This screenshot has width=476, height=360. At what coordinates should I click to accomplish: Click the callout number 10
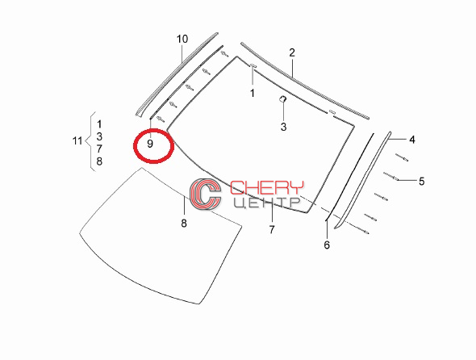coord(182,40)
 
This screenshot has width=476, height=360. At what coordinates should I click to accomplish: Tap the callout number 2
coord(292,52)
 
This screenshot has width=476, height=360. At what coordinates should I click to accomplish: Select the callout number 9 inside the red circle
coord(150,144)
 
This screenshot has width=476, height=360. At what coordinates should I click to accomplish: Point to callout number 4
coord(412,140)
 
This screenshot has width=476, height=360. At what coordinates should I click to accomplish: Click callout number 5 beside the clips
coord(422,182)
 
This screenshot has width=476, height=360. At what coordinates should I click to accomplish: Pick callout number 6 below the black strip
coord(327,245)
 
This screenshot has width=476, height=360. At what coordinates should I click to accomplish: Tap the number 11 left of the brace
coord(77,141)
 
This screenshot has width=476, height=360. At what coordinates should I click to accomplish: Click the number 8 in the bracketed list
coord(99,161)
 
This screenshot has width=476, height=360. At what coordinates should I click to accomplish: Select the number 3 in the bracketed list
coord(99,136)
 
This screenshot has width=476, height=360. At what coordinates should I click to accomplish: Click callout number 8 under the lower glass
coord(184,224)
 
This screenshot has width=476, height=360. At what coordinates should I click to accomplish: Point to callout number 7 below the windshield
coord(272,230)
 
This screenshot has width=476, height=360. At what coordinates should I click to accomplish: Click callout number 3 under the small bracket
coord(283,127)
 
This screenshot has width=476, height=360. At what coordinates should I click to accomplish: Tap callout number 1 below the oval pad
coord(253,94)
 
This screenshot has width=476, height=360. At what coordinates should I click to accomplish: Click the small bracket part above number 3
coord(283,98)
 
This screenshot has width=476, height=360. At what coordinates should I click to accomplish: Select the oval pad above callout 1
coord(253,65)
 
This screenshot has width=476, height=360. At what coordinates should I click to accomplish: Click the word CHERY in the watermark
coord(267,188)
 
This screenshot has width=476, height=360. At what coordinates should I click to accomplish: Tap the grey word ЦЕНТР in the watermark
coord(267,203)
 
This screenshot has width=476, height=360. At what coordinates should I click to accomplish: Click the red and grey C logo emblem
coord(206,194)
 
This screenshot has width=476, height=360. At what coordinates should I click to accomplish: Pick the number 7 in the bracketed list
coord(99,149)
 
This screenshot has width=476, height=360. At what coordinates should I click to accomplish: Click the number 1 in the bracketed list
coord(99,124)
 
